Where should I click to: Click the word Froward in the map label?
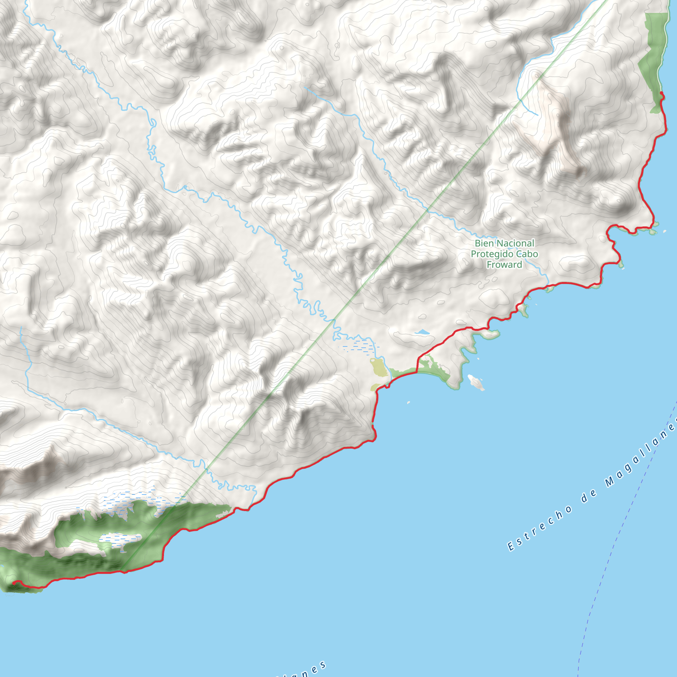504,265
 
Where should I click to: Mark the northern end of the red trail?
661,93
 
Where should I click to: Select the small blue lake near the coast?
422,332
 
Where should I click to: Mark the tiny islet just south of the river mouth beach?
409,403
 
